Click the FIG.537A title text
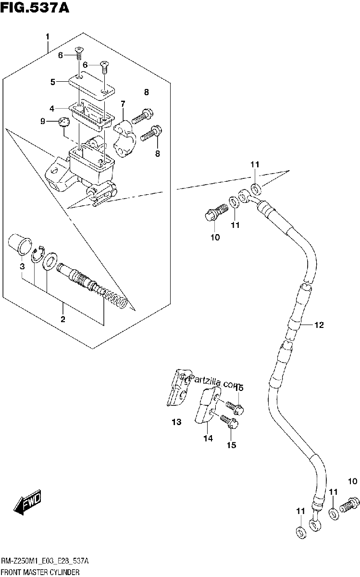pyautogui.click(x=35, y=8)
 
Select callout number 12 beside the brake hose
pyautogui.click(x=319, y=325)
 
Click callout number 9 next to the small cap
pyautogui.click(x=43, y=121)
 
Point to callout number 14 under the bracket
pyautogui.click(x=208, y=438)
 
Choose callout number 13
pyautogui.click(x=177, y=422)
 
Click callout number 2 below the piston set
pyautogui.click(x=63, y=319)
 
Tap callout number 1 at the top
pyautogui.click(x=48, y=37)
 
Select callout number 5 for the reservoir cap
pyautogui.click(x=53, y=82)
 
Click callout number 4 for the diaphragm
pyautogui.click(x=52, y=109)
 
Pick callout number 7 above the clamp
pyautogui.click(x=123, y=104)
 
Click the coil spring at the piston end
pyautogui.click(x=116, y=299)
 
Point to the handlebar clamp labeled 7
pyautogui.click(x=124, y=138)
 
